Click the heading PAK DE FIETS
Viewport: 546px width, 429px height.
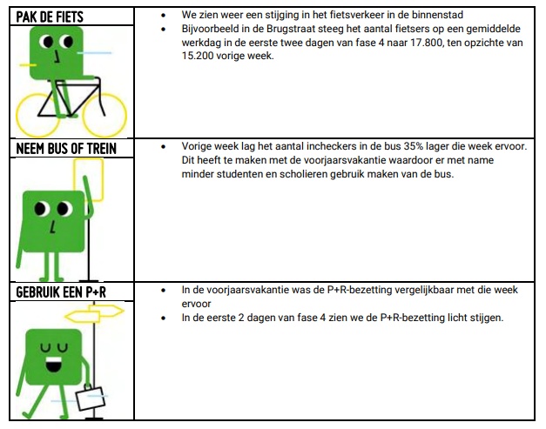point(50,17)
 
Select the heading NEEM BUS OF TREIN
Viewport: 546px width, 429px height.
point(66,149)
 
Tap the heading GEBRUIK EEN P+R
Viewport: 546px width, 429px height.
point(61,292)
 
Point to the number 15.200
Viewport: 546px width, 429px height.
point(198,56)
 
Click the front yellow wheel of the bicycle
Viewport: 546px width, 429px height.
point(104,115)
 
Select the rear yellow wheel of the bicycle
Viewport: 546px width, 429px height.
point(37,115)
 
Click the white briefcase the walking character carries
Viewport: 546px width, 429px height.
point(91,399)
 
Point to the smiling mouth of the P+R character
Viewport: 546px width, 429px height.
point(53,365)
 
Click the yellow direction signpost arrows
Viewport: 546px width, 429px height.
point(94,313)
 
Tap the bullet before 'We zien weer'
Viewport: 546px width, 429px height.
point(163,16)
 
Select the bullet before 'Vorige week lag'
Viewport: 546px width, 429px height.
point(163,147)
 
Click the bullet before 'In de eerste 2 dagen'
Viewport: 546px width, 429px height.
point(163,318)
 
